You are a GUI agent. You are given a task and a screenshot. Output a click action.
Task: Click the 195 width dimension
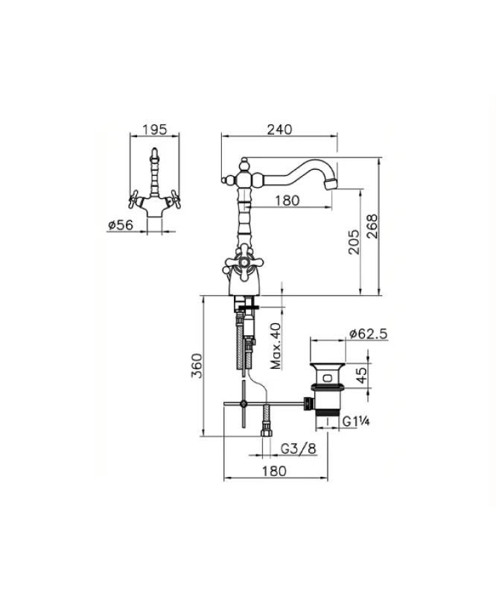coord(154,129)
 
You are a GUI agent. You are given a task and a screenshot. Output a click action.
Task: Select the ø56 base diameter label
coord(120,225)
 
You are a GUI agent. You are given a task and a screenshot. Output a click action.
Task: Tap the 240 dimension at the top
coord(279,129)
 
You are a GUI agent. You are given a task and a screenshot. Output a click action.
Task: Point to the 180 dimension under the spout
coord(287,200)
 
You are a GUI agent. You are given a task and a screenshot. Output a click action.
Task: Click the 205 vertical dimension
coord(354,242)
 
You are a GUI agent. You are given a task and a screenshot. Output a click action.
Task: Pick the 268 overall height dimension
coord(372,227)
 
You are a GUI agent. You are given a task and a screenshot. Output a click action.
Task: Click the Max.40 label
coord(276,346)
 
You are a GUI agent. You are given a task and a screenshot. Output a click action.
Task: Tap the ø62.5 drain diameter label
coord(368,335)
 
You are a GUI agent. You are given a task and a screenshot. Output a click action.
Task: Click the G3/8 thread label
coord(296,449)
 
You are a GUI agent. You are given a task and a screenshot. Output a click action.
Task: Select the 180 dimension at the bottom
coord(276,471)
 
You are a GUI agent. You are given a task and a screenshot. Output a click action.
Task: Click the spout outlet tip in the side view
coord(332,183)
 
